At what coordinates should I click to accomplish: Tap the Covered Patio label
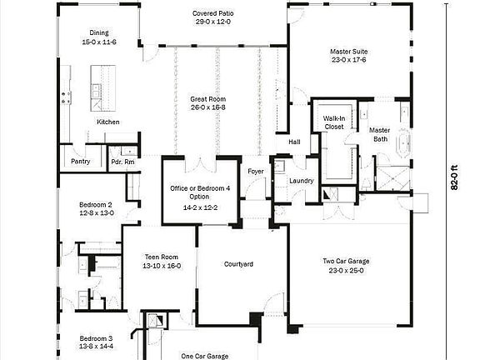(x=212, y=14)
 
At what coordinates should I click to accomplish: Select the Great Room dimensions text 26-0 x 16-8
(x=207, y=107)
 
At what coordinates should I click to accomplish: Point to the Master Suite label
(x=349, y=52)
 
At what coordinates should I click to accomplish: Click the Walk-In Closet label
(x=334, y=122)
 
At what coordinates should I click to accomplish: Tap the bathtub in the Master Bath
(x=406, y=144)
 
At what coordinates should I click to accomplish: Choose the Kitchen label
(x=108, y=122)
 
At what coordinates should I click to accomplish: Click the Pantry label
(x=81, y=161)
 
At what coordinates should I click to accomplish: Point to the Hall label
(x=294, y=142)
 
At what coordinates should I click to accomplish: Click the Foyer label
(x=256, y=172)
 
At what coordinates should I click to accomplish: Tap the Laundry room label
(x=300, y=181)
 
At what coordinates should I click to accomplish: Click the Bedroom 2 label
(x=96, y=204)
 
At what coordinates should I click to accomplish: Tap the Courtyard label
(x=238, y=264)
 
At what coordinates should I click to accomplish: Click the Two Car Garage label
(x=346, y=262)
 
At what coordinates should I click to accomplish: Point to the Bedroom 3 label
(x=96, y=337)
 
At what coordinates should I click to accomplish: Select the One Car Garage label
(x=205, y=356)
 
